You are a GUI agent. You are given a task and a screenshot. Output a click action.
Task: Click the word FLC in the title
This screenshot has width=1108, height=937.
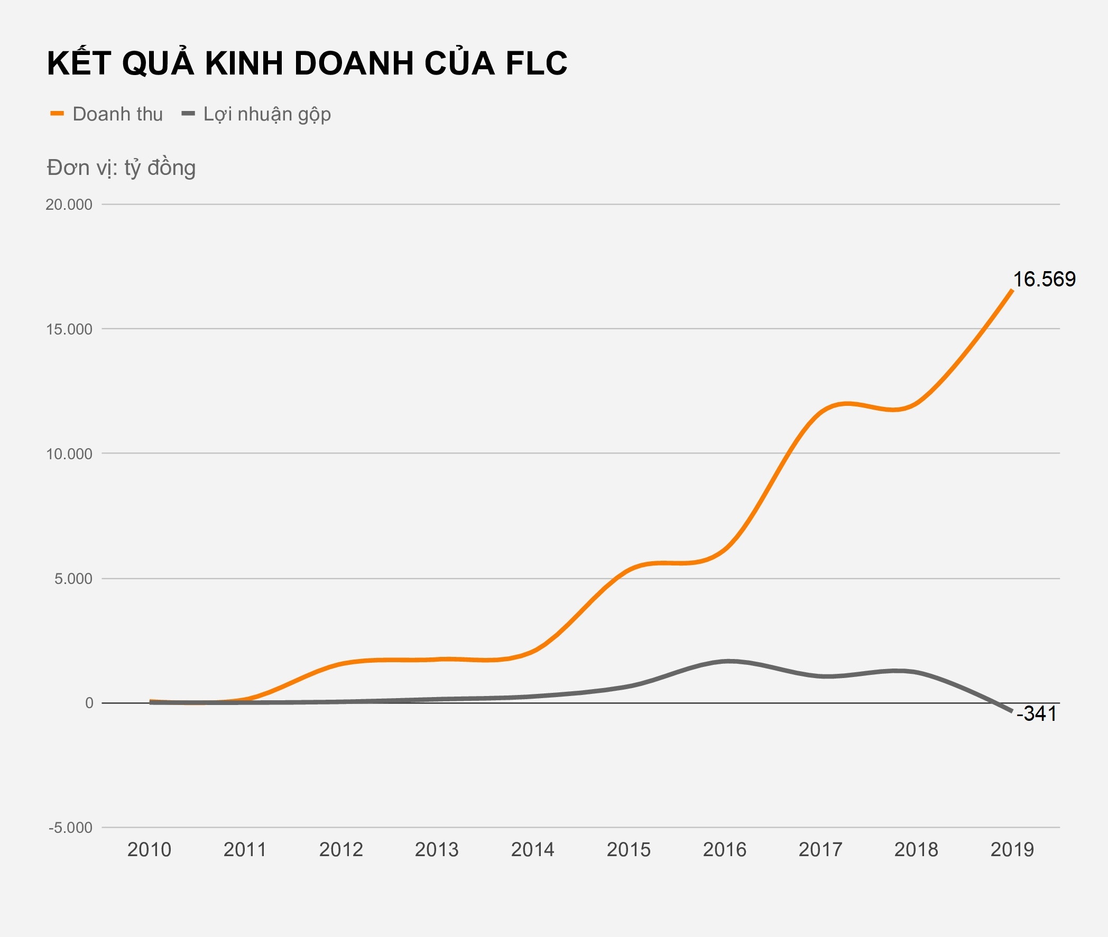536,64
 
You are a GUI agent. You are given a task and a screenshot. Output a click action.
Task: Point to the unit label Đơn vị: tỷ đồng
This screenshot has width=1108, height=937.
121,168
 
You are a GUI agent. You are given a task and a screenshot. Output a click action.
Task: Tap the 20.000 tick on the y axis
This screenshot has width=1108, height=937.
69,205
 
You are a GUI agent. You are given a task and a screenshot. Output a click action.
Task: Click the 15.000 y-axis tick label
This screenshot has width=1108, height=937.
69,329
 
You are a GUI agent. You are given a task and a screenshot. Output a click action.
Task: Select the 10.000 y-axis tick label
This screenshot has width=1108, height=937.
69,453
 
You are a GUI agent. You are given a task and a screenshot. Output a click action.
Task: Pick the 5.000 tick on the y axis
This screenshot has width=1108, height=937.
73,579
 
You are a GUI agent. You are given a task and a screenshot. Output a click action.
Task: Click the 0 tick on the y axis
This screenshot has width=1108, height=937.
89,703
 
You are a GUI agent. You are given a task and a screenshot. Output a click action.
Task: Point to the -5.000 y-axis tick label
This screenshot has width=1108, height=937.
70,828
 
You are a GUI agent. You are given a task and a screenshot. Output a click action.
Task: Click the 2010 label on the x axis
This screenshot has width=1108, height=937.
149,850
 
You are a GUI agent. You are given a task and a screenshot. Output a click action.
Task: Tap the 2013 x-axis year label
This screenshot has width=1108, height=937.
437,850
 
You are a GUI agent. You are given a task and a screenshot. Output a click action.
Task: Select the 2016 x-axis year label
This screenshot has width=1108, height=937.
724,850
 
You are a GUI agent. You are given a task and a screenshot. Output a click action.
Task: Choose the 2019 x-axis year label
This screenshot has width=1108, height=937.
1012,850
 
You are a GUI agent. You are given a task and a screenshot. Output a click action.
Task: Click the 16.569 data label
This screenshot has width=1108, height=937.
1044,280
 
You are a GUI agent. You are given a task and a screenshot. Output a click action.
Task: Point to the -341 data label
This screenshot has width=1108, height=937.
1036,714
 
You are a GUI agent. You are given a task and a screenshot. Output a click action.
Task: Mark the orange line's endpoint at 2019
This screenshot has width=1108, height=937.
1011,291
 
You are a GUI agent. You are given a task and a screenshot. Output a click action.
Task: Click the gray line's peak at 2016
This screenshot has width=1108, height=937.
728,661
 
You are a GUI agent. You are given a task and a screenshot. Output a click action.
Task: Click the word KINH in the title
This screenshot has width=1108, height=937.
244,64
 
